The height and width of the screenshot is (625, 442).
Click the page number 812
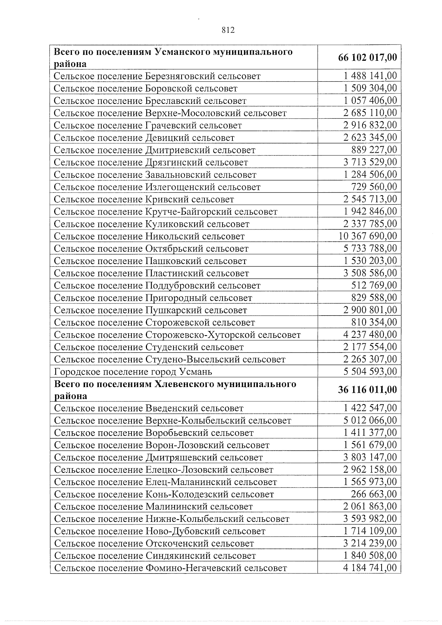point(228,30)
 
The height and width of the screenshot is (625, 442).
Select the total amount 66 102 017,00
point(367,58)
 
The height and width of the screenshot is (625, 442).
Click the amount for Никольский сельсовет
point(368,236)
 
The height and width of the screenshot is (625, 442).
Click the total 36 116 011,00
point(367,390)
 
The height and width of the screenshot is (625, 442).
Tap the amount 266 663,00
point(374,494)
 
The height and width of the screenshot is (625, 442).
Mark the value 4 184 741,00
point(370,568)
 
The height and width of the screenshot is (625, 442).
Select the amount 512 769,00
point(374,285)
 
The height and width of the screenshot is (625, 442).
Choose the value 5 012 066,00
point(370,421)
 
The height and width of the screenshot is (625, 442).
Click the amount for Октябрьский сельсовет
point(370,249)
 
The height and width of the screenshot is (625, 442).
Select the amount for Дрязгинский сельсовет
point(370,162)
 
